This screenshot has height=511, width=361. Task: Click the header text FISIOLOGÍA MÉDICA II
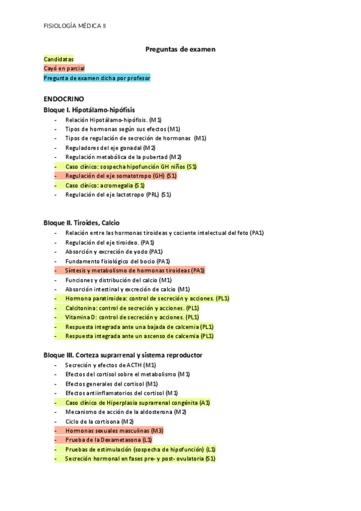pos(75,26)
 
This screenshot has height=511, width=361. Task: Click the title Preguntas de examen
pos(180,49)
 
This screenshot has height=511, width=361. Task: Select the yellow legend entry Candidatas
pos(59,59)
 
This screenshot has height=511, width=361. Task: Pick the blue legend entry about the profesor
pos(97,78)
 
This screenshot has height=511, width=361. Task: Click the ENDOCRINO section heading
pos(64,98)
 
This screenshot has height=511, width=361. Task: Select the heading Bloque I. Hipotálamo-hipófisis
pos(89,110)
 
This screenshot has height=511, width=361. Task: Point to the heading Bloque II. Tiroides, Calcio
pos(81,222)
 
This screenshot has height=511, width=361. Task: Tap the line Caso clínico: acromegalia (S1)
pos(105,185)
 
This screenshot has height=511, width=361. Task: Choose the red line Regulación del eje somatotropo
pos(120,176)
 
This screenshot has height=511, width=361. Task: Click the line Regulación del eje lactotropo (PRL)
pos(118,195)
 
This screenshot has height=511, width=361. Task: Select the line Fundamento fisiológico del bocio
pos(117,261)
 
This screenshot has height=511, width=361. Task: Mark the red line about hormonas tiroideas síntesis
pos(135,271)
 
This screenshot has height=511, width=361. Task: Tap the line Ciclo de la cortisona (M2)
pos(99,421)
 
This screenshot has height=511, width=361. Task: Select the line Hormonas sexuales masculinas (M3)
pos(114,431)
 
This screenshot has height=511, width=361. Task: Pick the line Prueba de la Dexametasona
pos(108,440)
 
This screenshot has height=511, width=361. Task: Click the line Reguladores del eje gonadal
pos(110,148)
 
